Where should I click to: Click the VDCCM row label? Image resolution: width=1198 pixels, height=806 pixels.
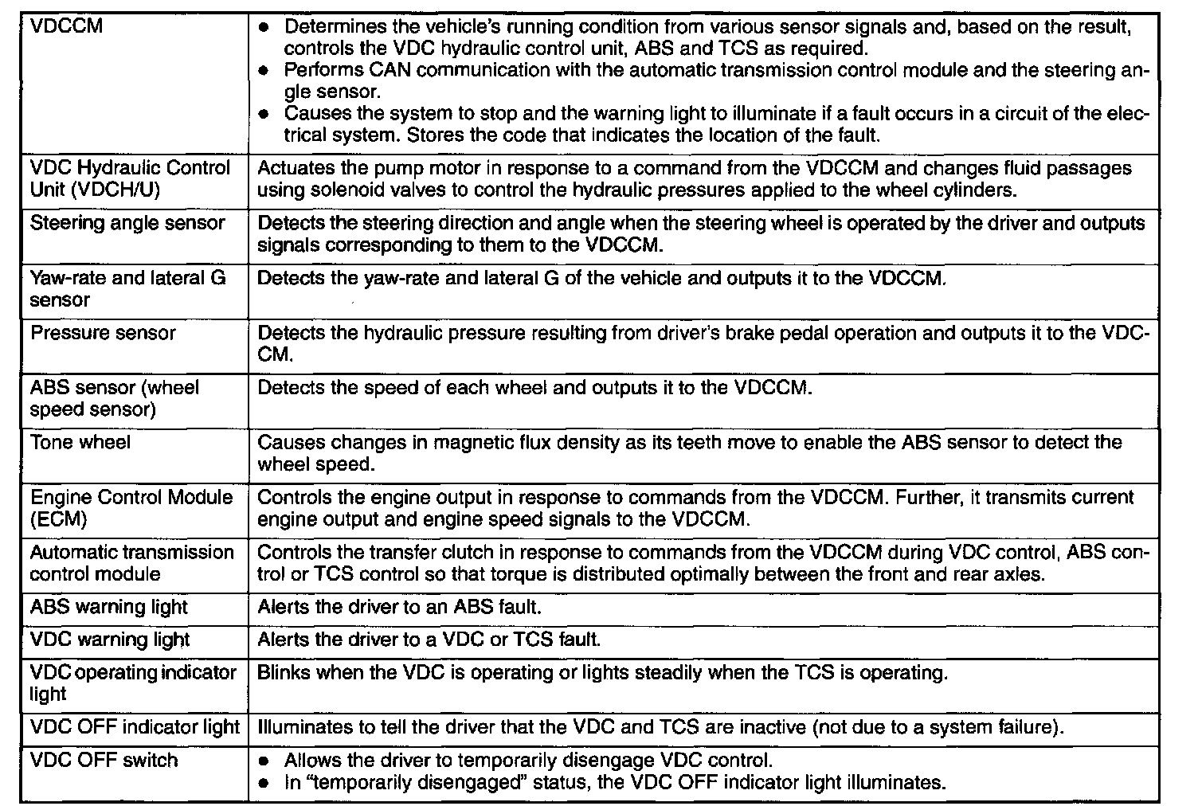point(67,26)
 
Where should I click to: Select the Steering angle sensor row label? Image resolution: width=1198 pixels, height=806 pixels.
point(127,223)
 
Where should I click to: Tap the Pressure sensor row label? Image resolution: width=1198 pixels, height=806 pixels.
point(103,333)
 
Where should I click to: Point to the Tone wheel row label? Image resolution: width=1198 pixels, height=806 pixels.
point(80,442)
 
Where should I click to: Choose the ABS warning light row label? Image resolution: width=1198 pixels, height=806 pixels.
point(109,607)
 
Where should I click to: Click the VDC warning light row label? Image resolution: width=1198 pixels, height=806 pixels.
point(110,640)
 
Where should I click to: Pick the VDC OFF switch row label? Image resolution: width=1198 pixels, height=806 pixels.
point(104,760)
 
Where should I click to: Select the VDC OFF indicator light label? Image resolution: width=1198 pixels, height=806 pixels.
point(135,727)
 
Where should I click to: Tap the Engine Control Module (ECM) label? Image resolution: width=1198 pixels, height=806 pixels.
point(131,508)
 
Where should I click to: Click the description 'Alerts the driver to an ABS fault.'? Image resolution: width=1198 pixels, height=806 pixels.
point(399,607)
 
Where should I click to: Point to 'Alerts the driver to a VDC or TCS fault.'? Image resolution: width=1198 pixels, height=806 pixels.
point(429,640)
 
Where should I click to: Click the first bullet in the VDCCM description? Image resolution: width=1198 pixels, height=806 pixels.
point(265,28)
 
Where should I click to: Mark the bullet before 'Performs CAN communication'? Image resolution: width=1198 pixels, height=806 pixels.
point(265,71)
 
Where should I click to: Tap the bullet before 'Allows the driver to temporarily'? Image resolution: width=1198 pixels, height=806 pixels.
point(265,761)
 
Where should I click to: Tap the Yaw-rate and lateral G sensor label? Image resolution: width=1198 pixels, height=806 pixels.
point(127,288)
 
